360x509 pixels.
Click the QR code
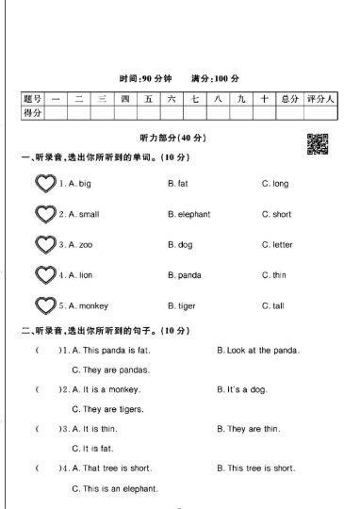[318, 143]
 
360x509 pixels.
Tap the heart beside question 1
[44, 183]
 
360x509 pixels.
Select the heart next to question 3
[44, 244]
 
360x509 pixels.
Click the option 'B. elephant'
[189, 214]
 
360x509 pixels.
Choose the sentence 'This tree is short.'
[262, 468]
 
